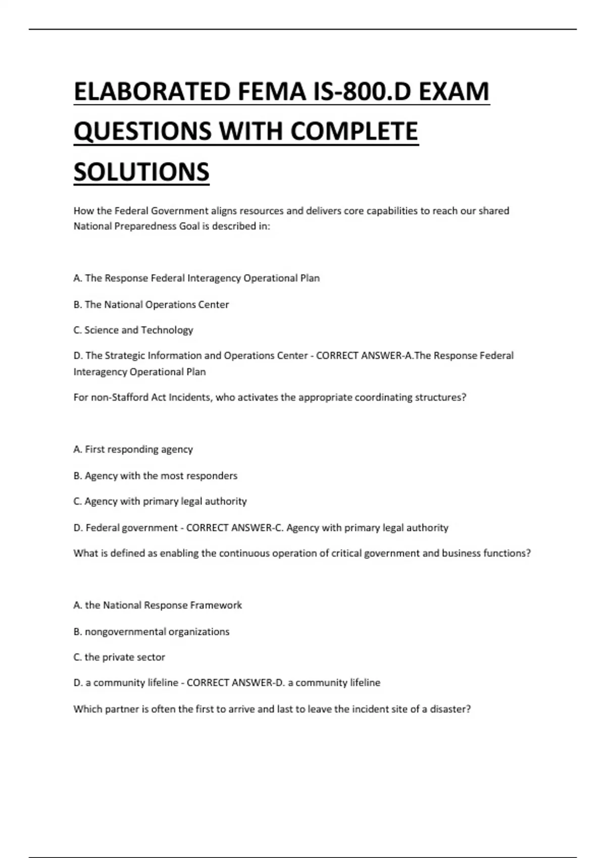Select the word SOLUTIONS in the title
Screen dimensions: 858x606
pyautogui.click(x=141, y=172)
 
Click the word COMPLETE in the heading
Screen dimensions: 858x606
pyautogui.click(x=354, y=132)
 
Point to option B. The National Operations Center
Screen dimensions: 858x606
pyautogui.click(x=151, y=304)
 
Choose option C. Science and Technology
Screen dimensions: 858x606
pyautogui.click(x=133, y=330)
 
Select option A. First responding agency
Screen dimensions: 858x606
pyautogui.click(x=133, y=449)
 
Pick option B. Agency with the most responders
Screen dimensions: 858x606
pyautogui.click(x=155, y=475)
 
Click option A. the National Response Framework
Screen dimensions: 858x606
pyautogui.click(x=158, y=605)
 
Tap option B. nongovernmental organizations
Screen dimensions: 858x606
pyautogui.click(x=151, y=631)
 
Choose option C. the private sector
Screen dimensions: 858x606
pyautogui.click(x=119, y=657)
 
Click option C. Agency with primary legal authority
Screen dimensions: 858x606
pyautogui.click(x=160, y=501)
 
